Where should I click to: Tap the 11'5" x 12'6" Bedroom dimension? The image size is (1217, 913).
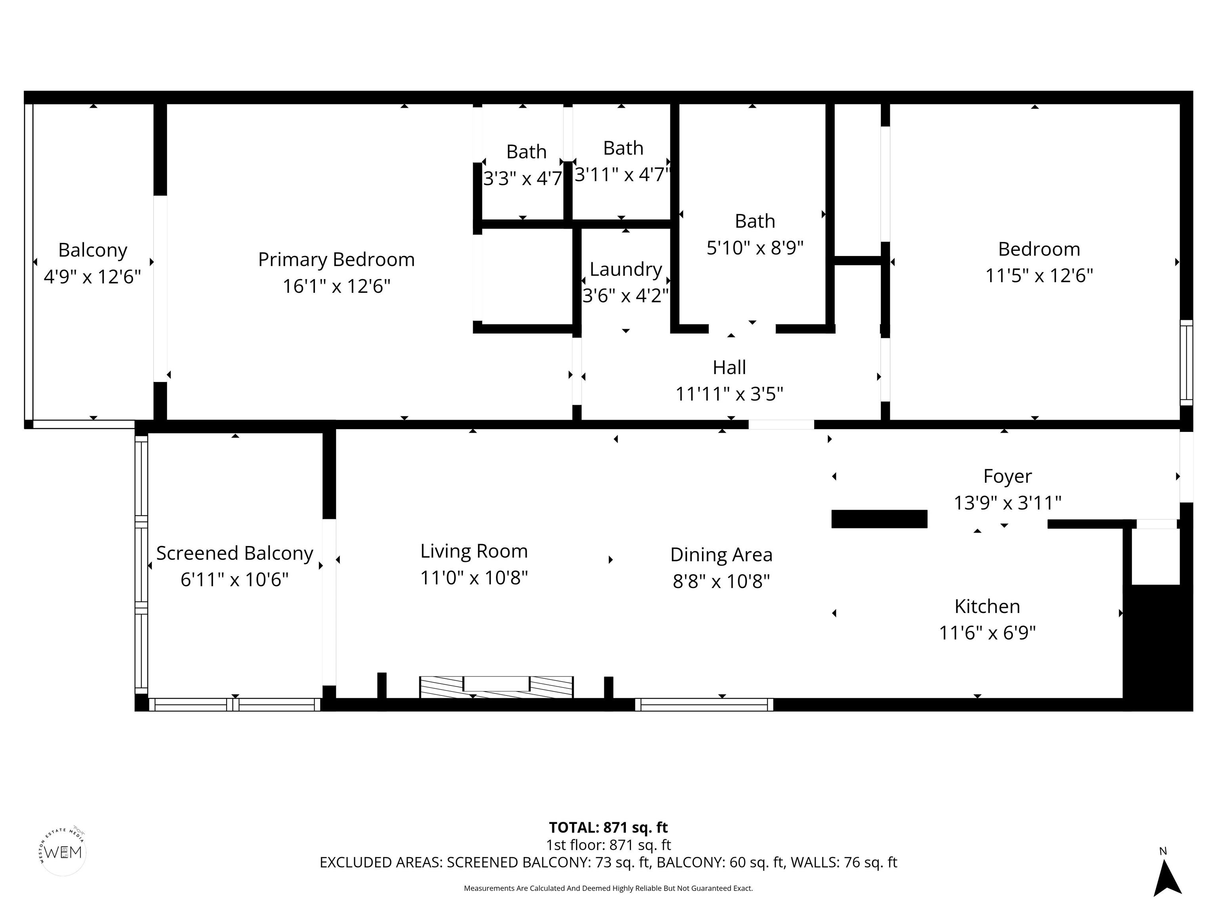pyautogui.click(x=1038, y=275)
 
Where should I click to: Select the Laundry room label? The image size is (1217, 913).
pyautogui.click(x=626, y=269)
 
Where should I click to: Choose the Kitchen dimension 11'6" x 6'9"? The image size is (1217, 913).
pyautogui.click(x=987, y=633)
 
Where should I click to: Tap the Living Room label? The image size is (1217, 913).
pyautogui.click(x=474, y=551)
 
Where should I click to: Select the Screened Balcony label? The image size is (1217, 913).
pyautogui.click(x=235, y=553)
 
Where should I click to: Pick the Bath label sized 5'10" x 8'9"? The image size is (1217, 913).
pyautogui.click(x=755, y=221)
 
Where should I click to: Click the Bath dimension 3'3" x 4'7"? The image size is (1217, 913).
pyautogui.click(x=523, y=178)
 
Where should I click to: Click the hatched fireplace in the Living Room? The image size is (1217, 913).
pyautogui.click(x=496, y=687)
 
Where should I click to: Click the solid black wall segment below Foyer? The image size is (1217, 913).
pyautogui.click(x=879, y=519)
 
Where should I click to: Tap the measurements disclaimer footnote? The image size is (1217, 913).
pyautogui.click(x=608, y=888)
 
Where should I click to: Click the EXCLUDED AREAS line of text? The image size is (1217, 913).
pyautogui.click(x=608, y=862)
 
